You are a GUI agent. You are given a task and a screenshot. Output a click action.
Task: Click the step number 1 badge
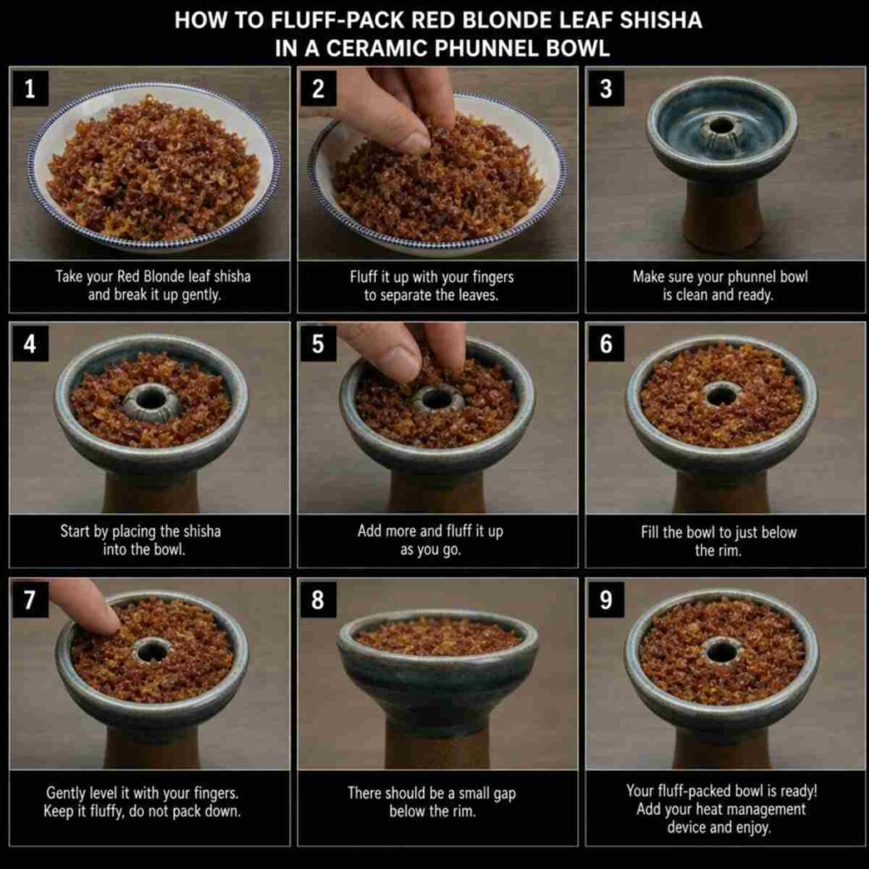click(x=30, y=88)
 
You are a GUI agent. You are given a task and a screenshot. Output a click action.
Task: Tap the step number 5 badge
click(x=317, y=344)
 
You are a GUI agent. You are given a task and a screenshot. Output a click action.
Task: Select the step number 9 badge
click(x=606, y=600)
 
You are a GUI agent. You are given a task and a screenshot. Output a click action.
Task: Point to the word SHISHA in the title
click(x=660, y=20)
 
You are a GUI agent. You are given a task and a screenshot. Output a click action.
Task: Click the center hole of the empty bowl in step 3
click(x=720, y=126)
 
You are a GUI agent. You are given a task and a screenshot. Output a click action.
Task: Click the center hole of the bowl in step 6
click(x=721, y=395)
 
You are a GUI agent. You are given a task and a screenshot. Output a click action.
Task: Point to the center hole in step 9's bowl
click(x=722, y=651)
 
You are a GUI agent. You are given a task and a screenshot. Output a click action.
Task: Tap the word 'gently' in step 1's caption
click(x=200, y=294)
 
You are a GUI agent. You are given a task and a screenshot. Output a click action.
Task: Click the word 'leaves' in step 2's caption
click(x=479, y=295)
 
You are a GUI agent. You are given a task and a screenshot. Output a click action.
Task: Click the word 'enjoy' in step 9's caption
click(x=753, y=828)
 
